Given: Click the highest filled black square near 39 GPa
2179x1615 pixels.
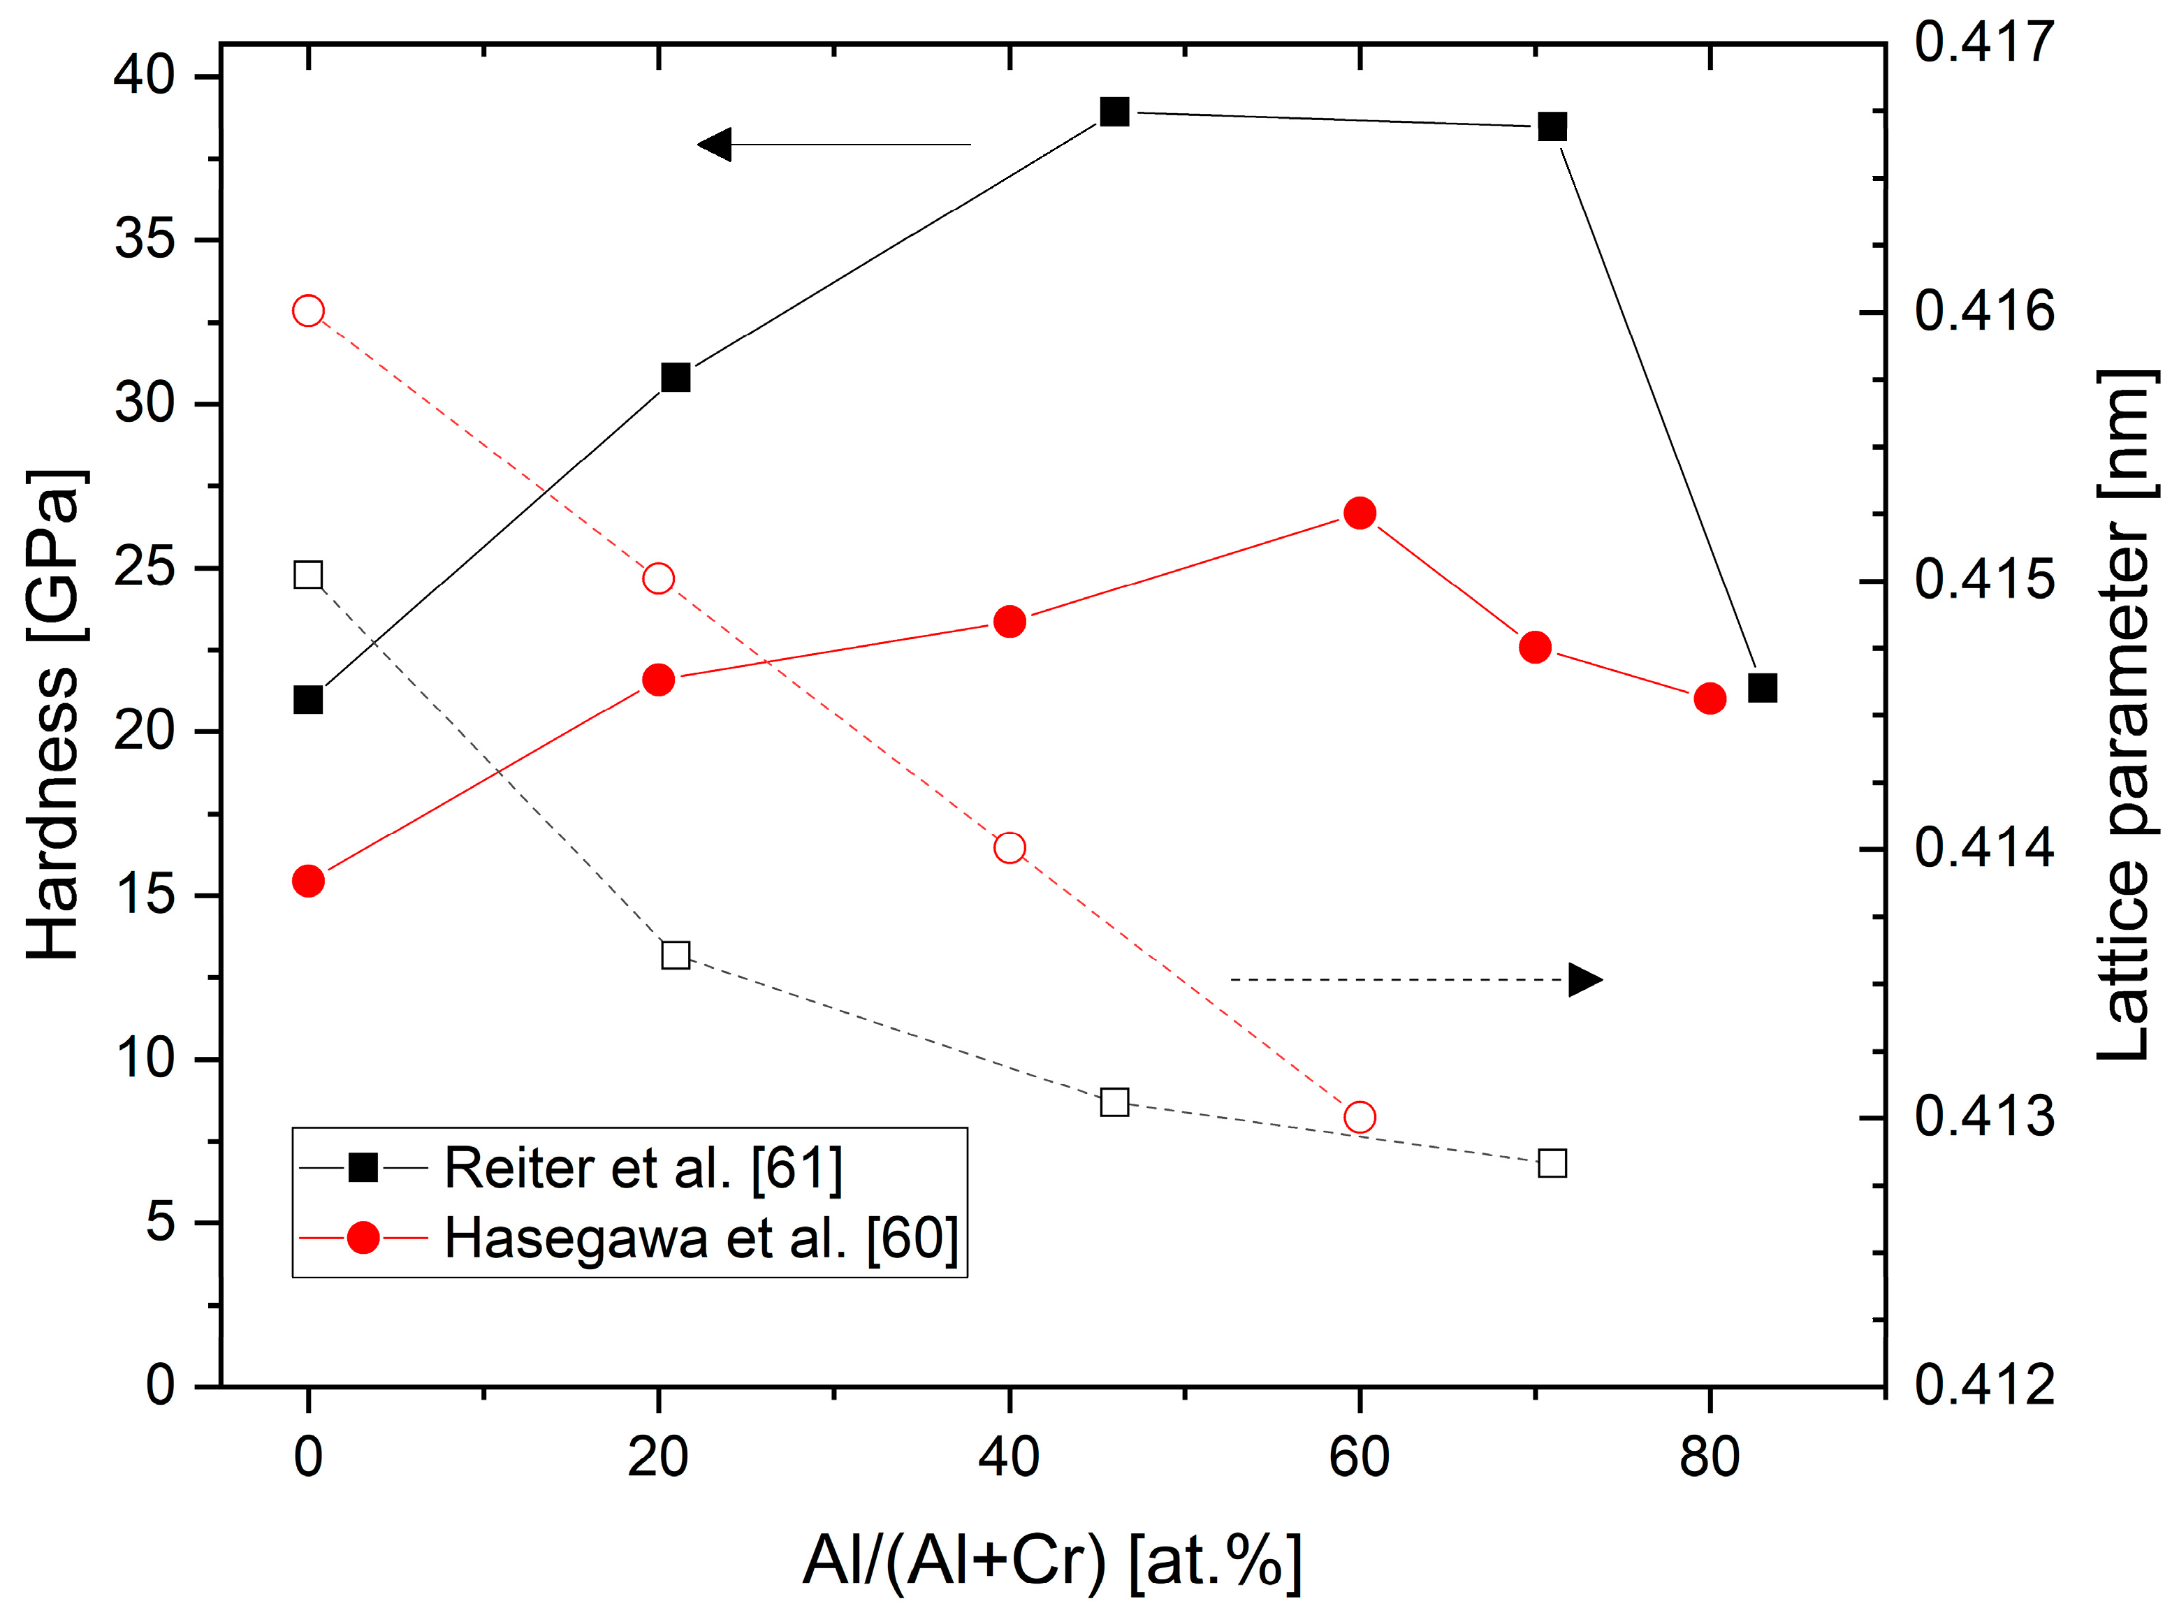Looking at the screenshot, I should (1114, 112).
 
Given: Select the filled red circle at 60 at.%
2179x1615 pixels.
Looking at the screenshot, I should (1359, 513).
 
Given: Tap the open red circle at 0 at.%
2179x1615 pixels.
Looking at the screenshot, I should (308, 311).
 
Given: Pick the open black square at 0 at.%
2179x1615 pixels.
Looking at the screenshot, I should (308, 575).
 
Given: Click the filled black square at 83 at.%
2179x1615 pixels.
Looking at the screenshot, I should (1762, 688).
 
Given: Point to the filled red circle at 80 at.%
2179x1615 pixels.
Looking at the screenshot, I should (1709, 698).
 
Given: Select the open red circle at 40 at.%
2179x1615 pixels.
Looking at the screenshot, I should (1009, 847).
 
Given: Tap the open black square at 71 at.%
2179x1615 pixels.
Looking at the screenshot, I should (1552, 1163).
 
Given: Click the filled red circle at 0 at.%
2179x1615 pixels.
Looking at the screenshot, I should (308, 881).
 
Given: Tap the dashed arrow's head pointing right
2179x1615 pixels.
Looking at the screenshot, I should (1584, 979).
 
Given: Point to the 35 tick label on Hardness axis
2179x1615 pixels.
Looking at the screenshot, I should (144, 240).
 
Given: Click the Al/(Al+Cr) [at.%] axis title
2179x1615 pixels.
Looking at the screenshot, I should (1051, 1561).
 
